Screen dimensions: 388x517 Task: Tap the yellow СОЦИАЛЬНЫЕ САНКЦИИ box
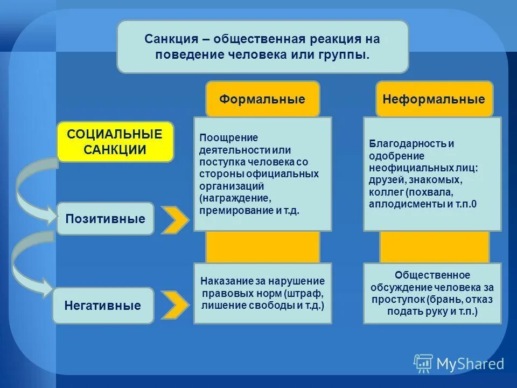click(x=115, y=142)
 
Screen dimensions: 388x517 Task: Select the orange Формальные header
click(x=262, y=99)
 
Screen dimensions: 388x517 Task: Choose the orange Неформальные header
click(x=434, y=99)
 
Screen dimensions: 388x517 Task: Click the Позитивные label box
click(x=105, y=219)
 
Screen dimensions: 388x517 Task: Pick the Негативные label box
click(x=102, y=306)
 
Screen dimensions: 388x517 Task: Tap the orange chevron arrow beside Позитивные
click(x=176, y=219)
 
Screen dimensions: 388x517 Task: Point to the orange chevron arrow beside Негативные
click(x=176, y=305)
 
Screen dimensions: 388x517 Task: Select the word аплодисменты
click(x=402, y=204)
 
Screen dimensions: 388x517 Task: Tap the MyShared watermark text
click(x=470, y=364)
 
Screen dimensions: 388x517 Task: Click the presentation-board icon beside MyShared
click(x=423, y=364)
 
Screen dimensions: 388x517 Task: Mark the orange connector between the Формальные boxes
click(x=262, y=247)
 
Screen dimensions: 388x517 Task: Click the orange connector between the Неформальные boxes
click(x=434, y=247)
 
